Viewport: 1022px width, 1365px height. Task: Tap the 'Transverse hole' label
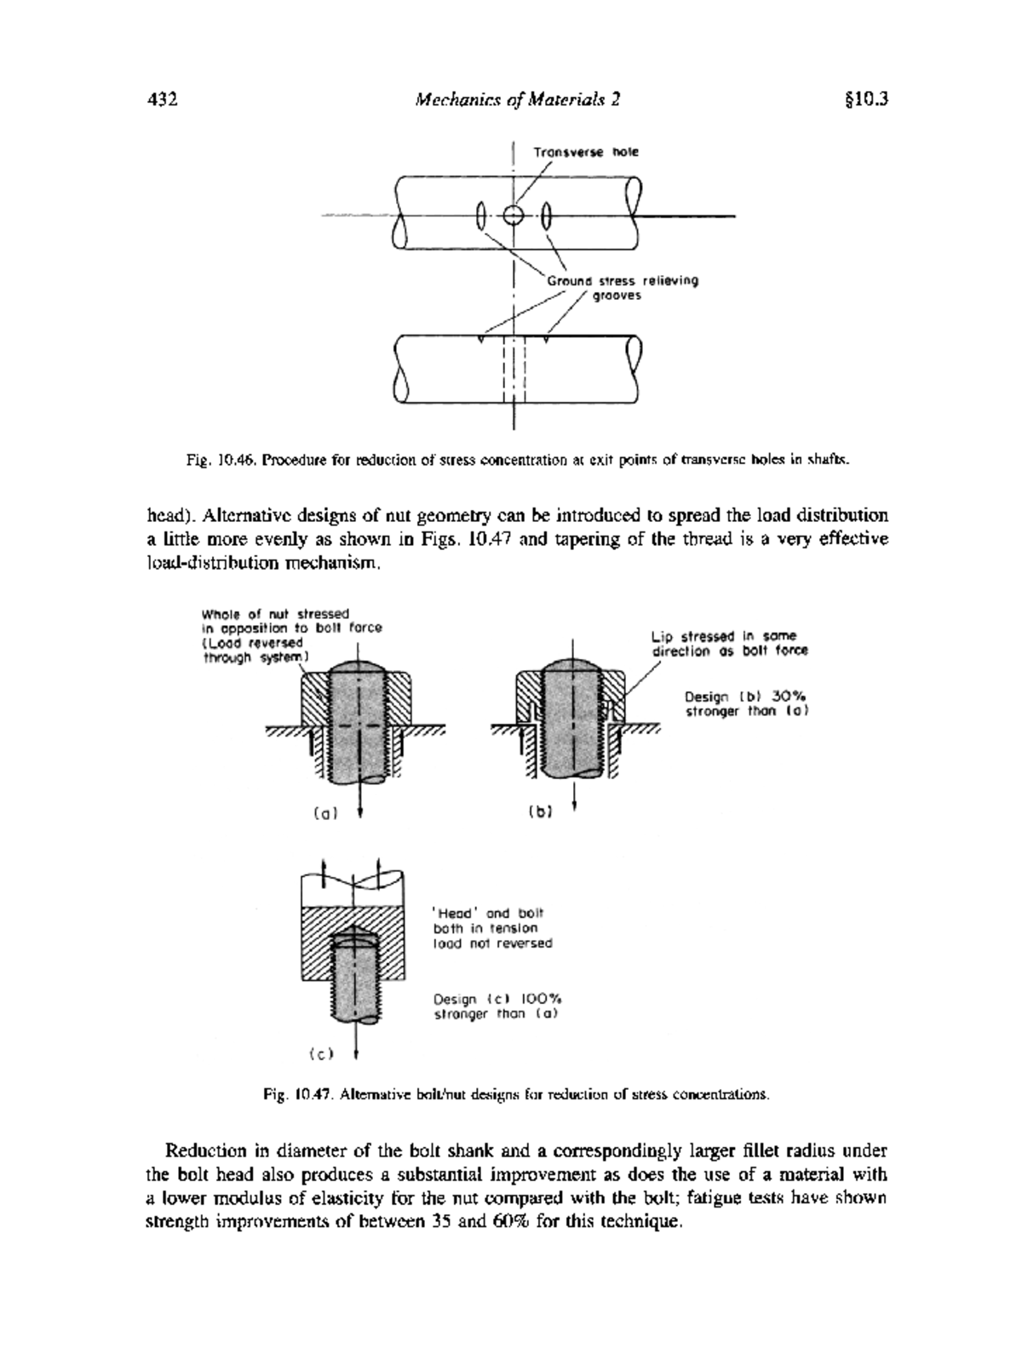click(x=586, y=152)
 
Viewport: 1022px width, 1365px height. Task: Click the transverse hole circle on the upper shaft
click(x=514, y=215)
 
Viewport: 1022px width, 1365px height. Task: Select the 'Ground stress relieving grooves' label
click(x=622, y=288)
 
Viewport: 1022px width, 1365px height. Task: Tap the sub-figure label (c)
click(x=321, y=1053)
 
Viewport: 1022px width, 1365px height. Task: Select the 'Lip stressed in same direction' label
click(x=729, y=644)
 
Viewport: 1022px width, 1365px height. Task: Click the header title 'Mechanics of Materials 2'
click(x=517, y=100)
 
